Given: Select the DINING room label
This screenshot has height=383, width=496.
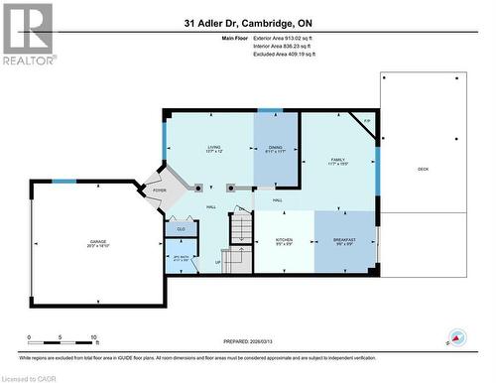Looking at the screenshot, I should pos(276,149).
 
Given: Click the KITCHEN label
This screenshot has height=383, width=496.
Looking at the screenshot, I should pos(283,241).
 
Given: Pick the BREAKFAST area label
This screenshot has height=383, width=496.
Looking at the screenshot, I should pos(345,241).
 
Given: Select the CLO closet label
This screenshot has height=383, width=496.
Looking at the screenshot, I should pos(181,229).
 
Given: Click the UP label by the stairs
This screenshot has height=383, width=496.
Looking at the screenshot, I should pos(219,263).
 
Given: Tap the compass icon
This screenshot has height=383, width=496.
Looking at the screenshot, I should pos(457,337).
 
